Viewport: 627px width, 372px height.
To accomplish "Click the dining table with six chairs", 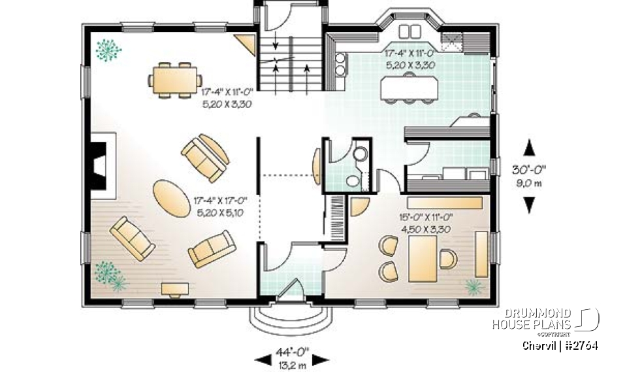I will tap(175, 80).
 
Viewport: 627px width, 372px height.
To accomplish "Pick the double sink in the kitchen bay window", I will tap(410, 31).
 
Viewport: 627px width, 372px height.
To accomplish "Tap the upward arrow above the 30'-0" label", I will tap(529, 146).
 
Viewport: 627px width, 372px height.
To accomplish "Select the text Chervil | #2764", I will tap(560, 345).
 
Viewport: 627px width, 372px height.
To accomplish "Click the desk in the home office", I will tap(423, 258).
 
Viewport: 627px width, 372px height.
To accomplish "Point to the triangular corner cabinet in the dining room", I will tap(246, 44).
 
